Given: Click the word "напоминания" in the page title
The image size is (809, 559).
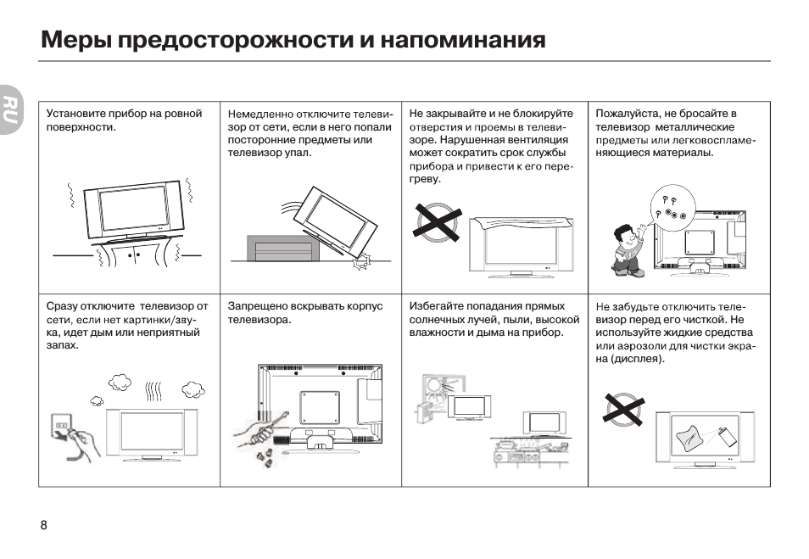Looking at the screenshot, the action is tap(463, 40).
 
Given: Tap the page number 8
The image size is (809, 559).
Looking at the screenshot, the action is tap(44, 525).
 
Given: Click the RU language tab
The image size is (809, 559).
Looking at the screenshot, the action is tap(9, 109).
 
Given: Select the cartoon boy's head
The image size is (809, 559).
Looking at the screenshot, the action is tap(624, 236).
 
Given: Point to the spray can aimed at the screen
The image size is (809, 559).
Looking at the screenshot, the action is tap(728, 438).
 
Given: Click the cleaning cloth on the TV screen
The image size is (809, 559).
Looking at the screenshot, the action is tap(689, 439).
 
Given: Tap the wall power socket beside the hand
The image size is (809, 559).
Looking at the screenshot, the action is tap(61, 427).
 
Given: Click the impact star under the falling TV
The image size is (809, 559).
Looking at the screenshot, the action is tap(361, 263).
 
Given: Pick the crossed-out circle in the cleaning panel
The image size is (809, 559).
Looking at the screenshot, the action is tap(624, 410).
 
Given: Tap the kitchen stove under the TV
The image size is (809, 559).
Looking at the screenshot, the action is tap(530, 453).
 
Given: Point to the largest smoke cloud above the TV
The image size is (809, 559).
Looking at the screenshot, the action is tap(120, 383).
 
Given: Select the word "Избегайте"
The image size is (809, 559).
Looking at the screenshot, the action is tap(436, 306).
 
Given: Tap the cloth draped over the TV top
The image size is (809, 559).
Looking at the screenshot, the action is tap(523, 223).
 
